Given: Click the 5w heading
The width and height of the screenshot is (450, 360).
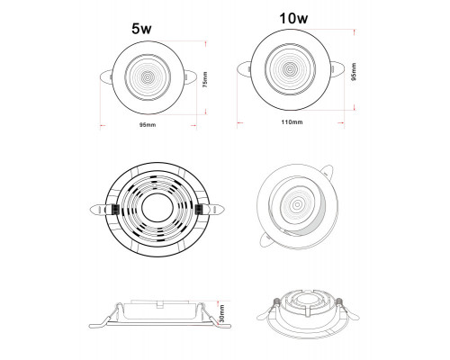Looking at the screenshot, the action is click(x=141, y=29).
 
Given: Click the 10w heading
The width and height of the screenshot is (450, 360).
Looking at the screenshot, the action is click(x=293, y=18).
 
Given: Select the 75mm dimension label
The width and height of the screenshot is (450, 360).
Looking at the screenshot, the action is click(x=205, y=79).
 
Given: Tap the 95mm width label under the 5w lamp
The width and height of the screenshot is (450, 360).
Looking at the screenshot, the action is click(x=148, y=125).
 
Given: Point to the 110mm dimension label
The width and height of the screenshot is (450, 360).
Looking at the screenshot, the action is click(x=292, y=122).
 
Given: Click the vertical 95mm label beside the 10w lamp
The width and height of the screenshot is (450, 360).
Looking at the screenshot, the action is click(x=354, y=72).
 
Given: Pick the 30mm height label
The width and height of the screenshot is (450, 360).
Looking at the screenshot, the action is click(x=222, y=313).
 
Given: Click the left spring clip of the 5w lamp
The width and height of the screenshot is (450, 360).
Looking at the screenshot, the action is click(x=105, y=77).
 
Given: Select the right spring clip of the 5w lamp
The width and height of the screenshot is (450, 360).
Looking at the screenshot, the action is click(x=190, y=76).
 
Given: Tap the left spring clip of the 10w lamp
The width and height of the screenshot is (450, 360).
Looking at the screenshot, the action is click(x=244, y=69).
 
